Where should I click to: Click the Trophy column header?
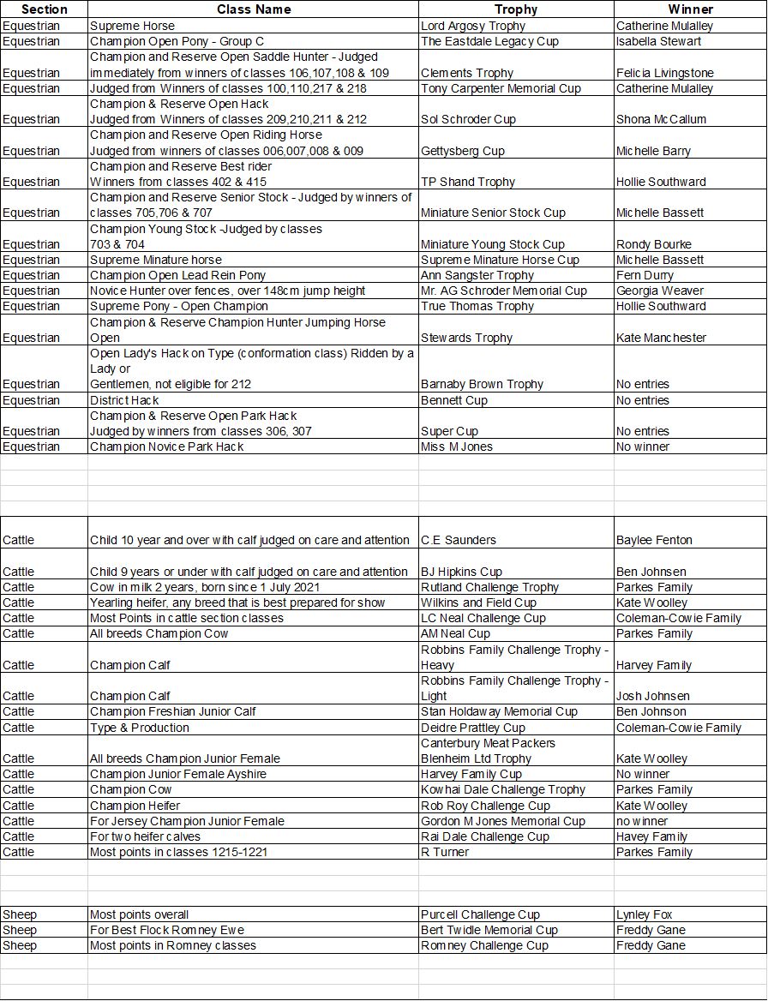pos(516,9)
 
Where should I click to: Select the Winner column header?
pos(690,9)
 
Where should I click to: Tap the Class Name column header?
pos(254,9)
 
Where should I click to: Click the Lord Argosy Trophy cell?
pos(485,26)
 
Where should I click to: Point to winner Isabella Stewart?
pos(658,41)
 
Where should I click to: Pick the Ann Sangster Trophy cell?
pos(477,275)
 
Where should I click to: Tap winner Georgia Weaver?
pos(659,291)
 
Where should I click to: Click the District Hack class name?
pos(124,400)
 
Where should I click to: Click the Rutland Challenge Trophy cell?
pos(489,587)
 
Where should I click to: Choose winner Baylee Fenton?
pos(654,540)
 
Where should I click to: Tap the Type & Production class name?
pos(140,728)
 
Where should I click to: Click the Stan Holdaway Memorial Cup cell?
pos(499,711)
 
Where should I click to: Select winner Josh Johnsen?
pos(652,696)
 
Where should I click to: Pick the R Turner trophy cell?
pos(445,852)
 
